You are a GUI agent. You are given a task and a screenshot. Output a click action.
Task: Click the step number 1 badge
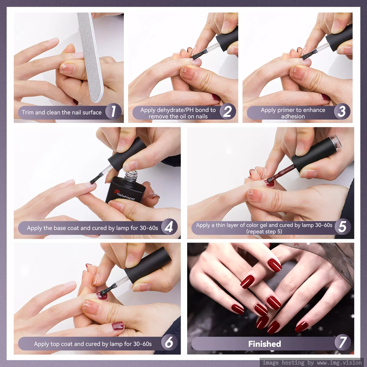pos(113,111)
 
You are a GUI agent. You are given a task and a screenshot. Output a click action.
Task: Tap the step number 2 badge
pos(228,111)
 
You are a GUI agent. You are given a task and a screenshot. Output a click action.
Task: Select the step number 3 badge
pos(342,111)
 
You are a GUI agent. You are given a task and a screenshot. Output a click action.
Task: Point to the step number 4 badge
pos(169,227)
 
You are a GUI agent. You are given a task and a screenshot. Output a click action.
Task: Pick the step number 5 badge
pos(343,227)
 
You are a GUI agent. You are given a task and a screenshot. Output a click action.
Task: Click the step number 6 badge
pos(169,343)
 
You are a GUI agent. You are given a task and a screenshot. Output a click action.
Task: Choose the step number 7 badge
pos(343,343)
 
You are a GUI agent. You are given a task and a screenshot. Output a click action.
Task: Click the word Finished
pos(265,344)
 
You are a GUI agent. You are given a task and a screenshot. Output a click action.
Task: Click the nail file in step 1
pos(91,57)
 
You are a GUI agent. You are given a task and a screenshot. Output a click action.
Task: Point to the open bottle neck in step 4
pos(132,176)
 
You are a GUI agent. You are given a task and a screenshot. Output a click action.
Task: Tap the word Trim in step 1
pos(28,112)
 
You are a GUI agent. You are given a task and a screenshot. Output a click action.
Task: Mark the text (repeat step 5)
pos(264,232)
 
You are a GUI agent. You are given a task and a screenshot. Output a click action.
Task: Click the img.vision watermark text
pos(312,362)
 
